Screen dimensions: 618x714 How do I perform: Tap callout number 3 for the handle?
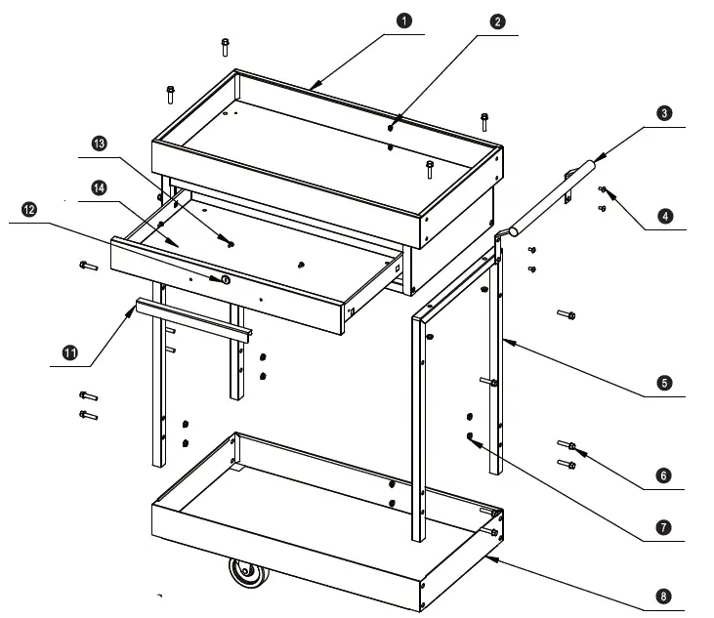[663, 114]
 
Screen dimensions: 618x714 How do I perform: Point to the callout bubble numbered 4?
[663, 217]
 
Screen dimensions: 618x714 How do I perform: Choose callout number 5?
[663, 383]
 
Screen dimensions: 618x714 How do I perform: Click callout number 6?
[663, 475]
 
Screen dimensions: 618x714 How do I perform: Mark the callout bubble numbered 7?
[663, 528]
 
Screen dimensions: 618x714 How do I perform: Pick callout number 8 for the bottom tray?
[663, 595]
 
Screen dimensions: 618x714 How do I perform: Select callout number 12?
[28, 210]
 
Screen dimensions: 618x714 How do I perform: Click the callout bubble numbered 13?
[99, 144]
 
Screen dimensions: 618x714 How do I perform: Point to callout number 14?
[99, 187]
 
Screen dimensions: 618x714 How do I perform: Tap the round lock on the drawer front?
[226, 280]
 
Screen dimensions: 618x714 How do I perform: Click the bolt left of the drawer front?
[87, 266]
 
